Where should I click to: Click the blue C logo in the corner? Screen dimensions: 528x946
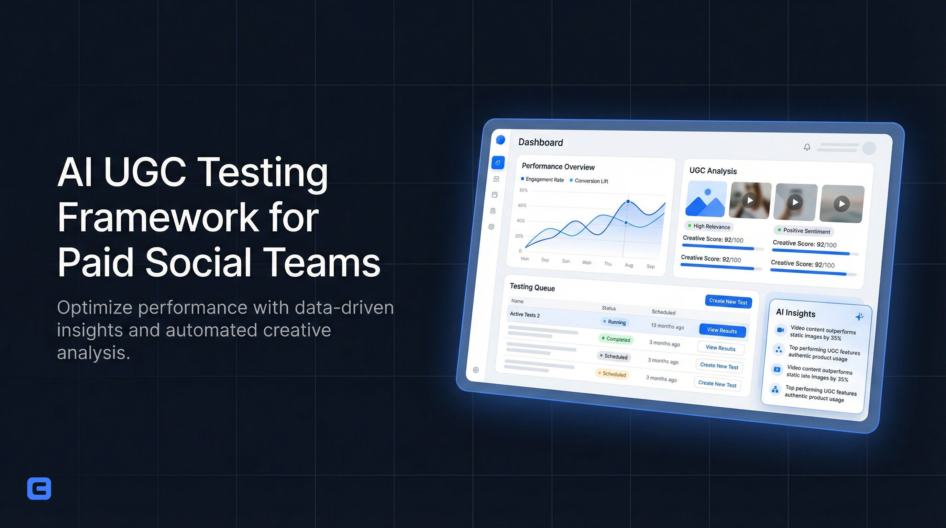pyautogui.click(x=39, y=488)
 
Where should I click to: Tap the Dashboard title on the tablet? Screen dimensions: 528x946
pyautogui.click(x=540, y=142)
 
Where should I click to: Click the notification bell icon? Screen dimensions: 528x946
pyautogui.click(x=807, y=147)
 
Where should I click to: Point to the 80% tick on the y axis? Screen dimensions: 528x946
pyautogui.click(x=523, y=190)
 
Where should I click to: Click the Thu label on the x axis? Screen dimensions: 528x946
pyautogui.click(x=608, y=264)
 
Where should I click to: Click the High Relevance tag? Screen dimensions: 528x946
pyautogui.click(x=709, y=227)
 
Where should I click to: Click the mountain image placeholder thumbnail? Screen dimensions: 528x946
pyautogui.click(x=706, y=199)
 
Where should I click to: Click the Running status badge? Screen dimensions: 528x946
pyautogui.click(x=614, y=322)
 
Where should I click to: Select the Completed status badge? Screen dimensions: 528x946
pyautogui.click(x=616, y=339)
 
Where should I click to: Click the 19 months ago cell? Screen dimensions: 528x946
pyautogui.click(x=667, y=327)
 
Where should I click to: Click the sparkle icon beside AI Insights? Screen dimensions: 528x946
pyautogui.click(x=859, y=317)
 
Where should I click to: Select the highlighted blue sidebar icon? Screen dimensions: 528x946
pyautogui.click(x=498, y=163)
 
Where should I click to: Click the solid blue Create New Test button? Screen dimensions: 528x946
pyautogui.click(x=728, y=302)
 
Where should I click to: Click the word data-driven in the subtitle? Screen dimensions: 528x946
pyautogui.click(x=344, y=308)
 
